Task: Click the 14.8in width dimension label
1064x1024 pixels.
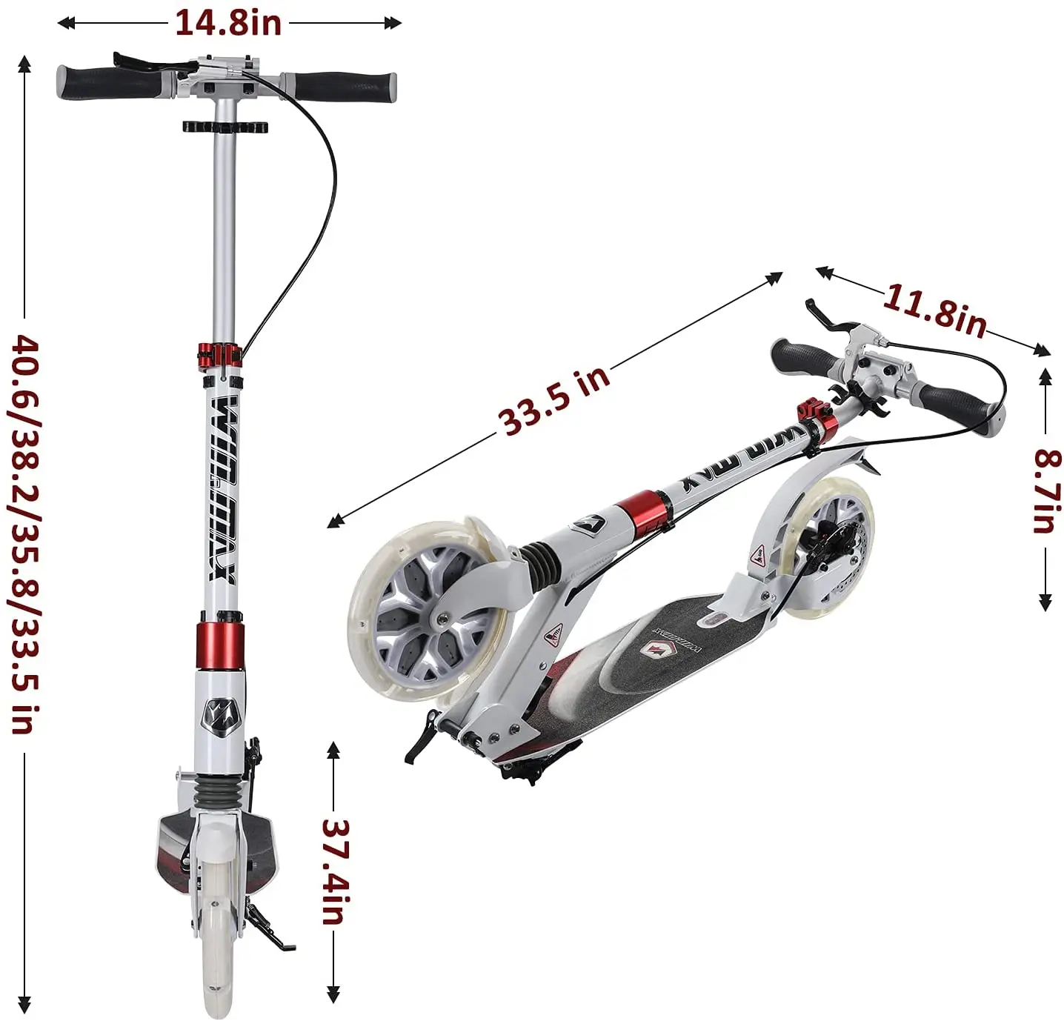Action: click(x=228, y=24)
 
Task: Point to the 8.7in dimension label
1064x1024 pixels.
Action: click(x=1045, y=491)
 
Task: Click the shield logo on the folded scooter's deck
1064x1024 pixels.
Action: click(x=654, y=650)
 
